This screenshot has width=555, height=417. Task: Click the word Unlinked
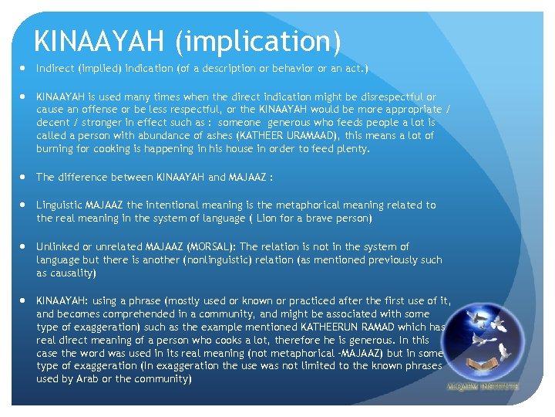click(x=59, y=246)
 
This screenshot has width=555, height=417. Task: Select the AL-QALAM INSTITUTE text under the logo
click(x=483, y=385)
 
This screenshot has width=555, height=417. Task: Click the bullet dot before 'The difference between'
click(x=23, y=177)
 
